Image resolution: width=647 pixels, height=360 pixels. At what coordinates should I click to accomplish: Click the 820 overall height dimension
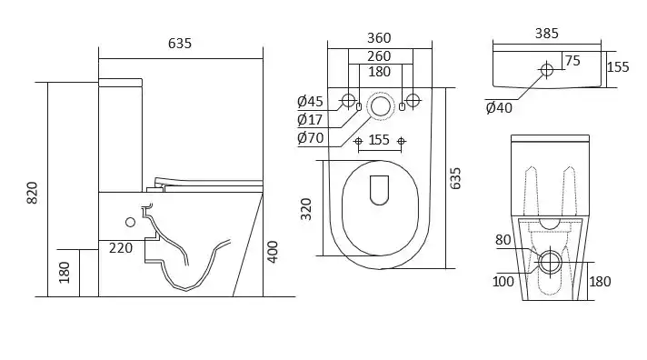point(33,192)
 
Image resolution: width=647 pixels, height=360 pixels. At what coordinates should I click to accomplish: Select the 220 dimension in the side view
point(120,246)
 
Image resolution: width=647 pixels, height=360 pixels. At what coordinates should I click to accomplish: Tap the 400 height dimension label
point(273,251)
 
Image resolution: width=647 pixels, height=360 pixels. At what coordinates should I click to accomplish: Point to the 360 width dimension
point(378,38)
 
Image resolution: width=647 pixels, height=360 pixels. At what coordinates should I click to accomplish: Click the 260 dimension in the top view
point(379,55)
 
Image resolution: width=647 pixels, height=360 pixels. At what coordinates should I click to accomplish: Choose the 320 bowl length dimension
point(306,208)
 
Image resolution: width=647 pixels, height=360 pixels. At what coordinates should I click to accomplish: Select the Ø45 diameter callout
point(310,101)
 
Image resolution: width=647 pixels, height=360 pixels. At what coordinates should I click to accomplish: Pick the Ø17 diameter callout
point(309,119)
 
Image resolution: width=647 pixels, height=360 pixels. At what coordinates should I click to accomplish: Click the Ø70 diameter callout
point(310,138)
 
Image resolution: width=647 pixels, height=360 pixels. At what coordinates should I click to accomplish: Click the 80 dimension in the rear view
point(503,241)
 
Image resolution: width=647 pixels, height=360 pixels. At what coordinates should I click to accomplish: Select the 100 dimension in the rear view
point(503,281)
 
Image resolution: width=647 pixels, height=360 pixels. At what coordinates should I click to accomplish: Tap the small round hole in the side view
point(130,222)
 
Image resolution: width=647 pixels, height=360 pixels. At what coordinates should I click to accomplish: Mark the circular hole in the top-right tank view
point(546,69)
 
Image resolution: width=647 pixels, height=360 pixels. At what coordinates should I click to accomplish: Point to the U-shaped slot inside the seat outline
point(379,188)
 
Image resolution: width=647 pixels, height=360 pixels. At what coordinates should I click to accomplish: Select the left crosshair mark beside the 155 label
point(358,141)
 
